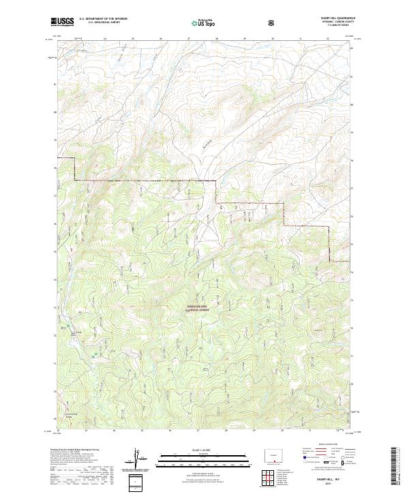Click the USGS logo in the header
point(62,22)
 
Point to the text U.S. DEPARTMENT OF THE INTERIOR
point(102,19)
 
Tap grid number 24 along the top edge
point(104,39)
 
